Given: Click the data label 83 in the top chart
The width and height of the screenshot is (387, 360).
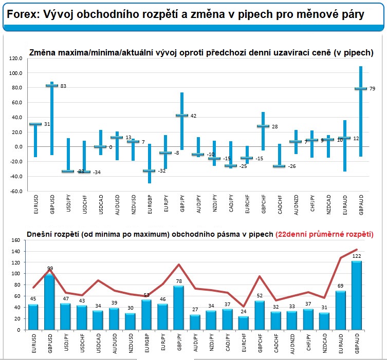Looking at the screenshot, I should point(63,86).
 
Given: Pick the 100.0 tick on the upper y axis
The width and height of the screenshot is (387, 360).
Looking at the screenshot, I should point(16,73).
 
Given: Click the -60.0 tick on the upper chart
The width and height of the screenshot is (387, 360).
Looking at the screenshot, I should point(16,191).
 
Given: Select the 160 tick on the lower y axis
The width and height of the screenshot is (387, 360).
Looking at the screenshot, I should point(17,240).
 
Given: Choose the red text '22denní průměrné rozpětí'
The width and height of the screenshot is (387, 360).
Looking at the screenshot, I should point(324,234).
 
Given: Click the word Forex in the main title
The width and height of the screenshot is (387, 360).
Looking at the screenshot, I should point(21,14).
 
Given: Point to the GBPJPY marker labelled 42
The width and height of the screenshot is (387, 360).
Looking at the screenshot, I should point(181,116).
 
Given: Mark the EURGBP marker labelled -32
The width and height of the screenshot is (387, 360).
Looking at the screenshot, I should point(149,170).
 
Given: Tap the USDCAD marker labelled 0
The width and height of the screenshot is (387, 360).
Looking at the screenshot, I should point(100,147).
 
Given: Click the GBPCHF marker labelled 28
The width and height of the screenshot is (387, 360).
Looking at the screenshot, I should point(263,126).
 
